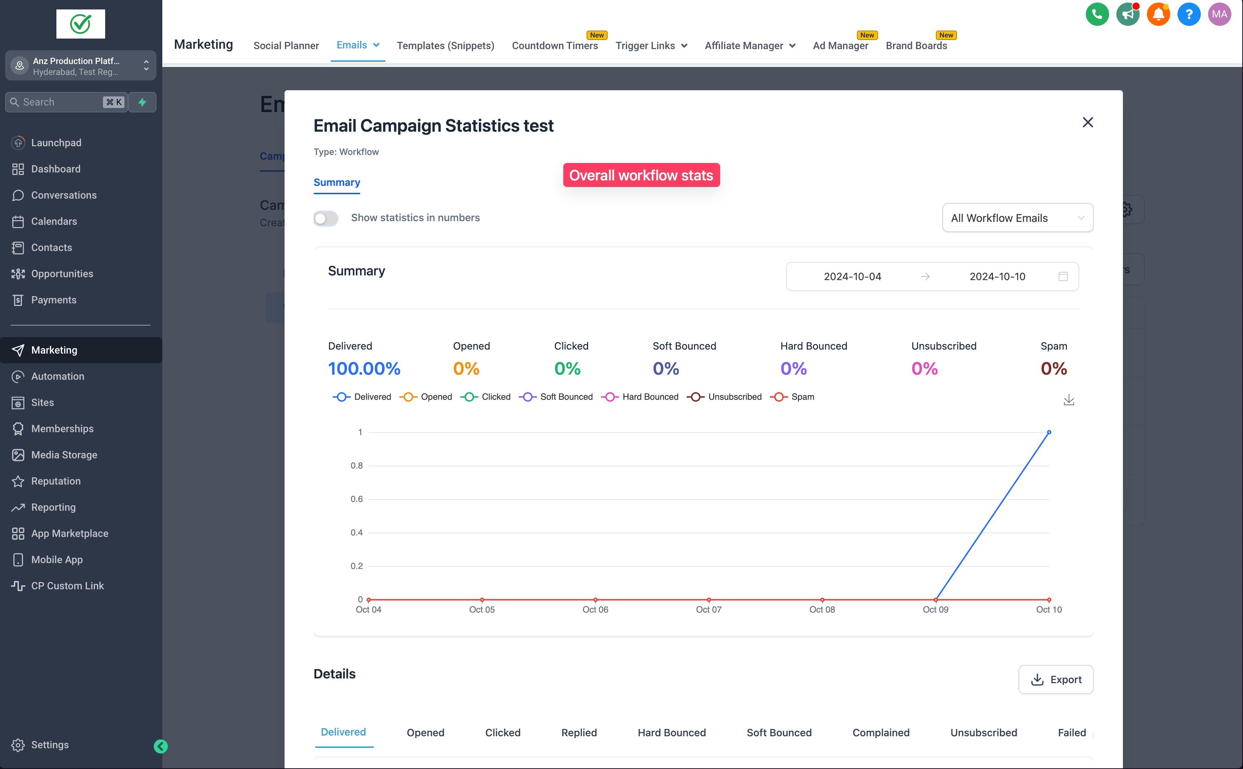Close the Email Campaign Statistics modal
tap(1087, 122)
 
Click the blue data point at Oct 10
tap(1048, 432)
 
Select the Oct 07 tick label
tap(708, 609)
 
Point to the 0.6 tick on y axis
tap(357, 499)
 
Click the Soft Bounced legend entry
tap(556, 397)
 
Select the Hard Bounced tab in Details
tap(671, 732)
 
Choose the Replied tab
tap(579, 732)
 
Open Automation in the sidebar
tap(57, 376)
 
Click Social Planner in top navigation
tap(286, 46)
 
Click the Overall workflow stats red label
tap(641, 175)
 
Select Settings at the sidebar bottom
tap(49, 745)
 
